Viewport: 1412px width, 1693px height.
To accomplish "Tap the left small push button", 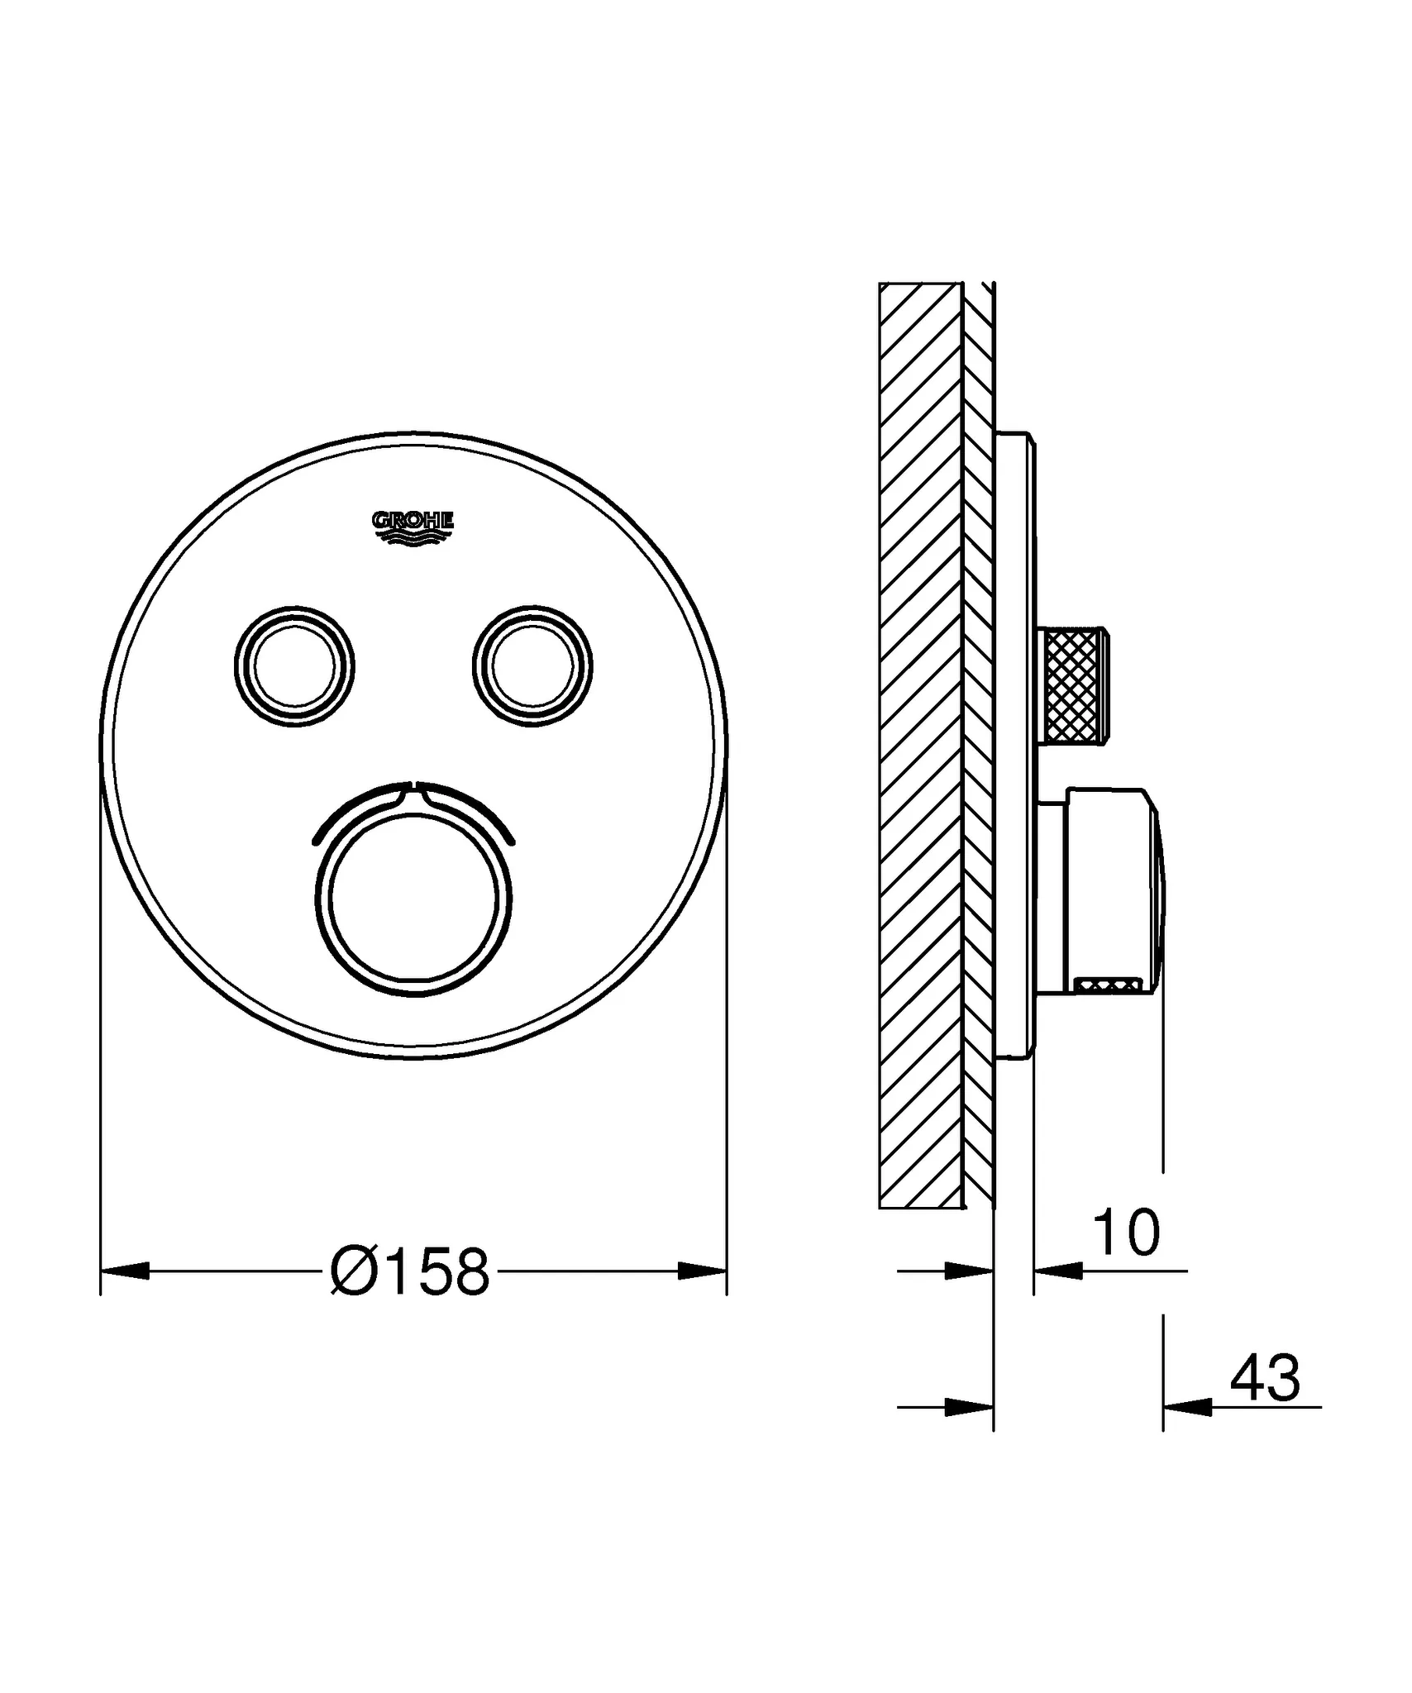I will [294, 667].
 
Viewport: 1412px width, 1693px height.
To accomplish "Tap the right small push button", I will [532, 667].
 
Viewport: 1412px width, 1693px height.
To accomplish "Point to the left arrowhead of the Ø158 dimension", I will [125, 1271].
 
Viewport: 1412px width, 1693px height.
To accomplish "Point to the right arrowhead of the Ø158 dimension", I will [702, 1271].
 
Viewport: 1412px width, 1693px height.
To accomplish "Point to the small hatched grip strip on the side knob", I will [1108, 984].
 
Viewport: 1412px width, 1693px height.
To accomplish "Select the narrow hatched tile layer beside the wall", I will [978, 744].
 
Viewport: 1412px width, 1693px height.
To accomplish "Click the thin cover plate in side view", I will [1014, 744].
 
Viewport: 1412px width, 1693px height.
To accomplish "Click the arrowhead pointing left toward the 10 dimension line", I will [1058, 1271].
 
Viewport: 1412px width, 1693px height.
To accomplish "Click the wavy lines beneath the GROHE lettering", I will [413, 537].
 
